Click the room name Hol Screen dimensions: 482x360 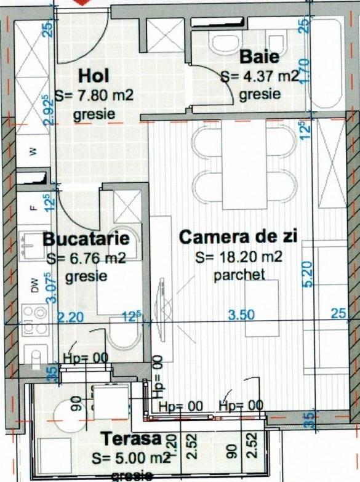[x=94, y=76]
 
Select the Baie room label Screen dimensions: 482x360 [x=259, y=58]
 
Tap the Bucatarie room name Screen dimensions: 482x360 [x=86, y=239]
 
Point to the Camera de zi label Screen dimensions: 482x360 [x=238, y=237]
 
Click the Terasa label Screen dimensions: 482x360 [x=131, y=440]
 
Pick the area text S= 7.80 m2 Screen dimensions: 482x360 [x=94, y=96]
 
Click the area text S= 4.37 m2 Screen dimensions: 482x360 [x=260, y=77]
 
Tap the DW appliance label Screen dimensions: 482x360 [x=34, y=285]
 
